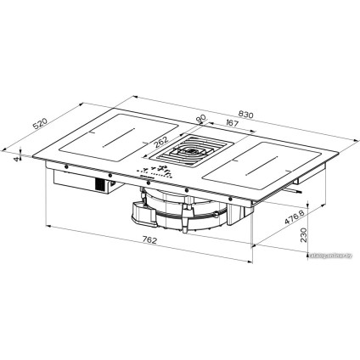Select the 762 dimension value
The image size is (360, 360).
click(150, 241)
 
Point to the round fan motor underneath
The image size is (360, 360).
click(181, 214)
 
